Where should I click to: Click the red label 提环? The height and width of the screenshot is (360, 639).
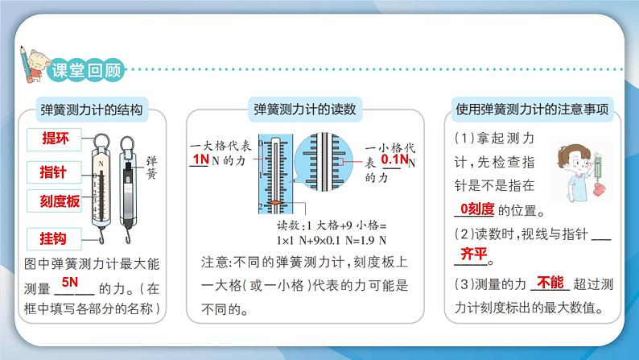pos(55,138)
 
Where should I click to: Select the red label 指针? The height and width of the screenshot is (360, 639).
pos(55,171)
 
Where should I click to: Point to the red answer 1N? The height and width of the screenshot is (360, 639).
pos(201,160)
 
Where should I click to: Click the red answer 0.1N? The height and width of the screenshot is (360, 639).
pos(394,160)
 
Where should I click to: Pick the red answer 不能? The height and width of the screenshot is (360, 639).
pos(550,282)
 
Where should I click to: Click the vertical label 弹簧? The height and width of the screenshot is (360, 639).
pos(150,166)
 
